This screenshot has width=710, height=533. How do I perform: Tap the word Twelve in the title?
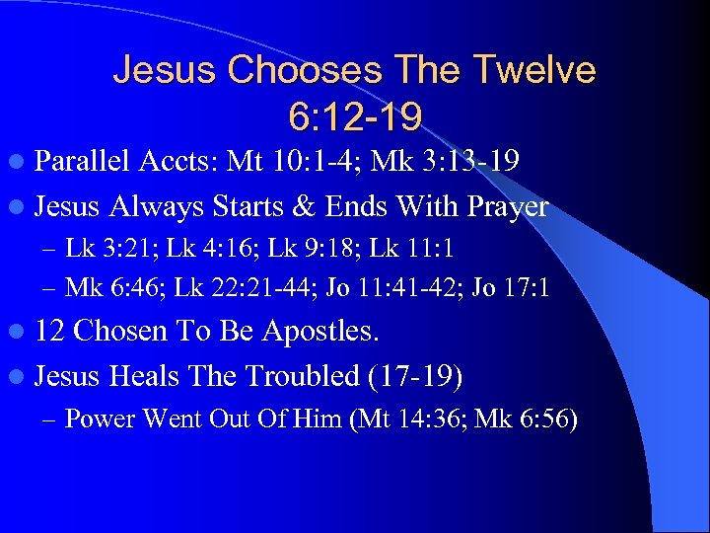click(x=535, y=70)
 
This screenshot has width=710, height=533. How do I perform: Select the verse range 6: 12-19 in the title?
click(x=355, y=116)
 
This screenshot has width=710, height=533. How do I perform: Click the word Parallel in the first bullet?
click(x=83, y=161)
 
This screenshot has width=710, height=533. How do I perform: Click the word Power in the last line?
click(x=100, y=419)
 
